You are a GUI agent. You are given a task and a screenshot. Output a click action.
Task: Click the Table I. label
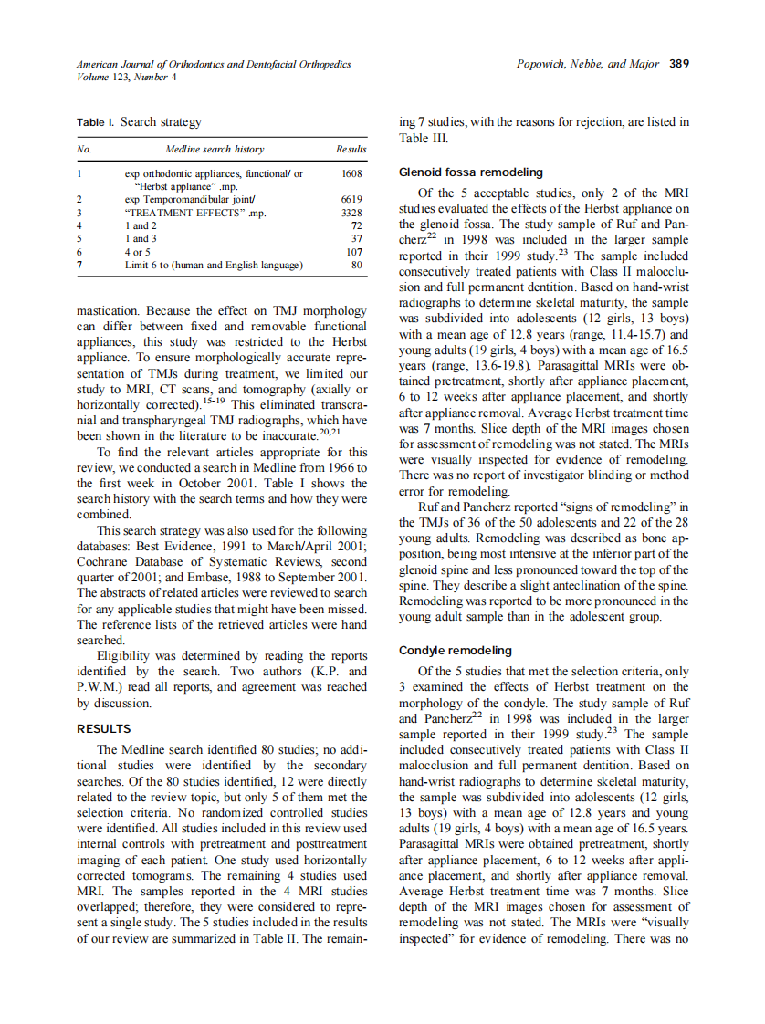pos(96,122)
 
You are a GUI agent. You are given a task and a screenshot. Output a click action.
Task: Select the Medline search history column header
pos(215,149)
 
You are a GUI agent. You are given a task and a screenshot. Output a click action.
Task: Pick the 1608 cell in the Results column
pos(351,172)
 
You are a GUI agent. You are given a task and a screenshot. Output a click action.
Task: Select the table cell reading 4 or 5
pos(138,252)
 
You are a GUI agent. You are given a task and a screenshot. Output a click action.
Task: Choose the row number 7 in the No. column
pos(80,265)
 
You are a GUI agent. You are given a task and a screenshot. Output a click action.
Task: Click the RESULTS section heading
pos(103,729)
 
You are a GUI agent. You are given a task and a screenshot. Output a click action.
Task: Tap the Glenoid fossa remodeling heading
pos(471,172)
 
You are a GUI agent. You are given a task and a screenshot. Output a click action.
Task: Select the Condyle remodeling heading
pos(456,651)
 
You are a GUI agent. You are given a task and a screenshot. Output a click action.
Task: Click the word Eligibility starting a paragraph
pos(131,656)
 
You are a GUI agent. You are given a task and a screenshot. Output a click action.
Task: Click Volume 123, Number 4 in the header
pos(127,77)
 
